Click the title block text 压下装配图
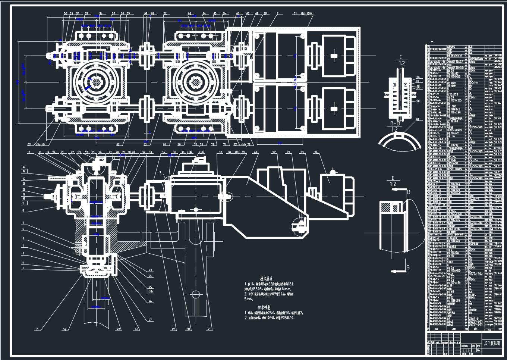[x=492, y=344]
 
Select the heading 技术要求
[x=266, y=279]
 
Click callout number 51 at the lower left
[x=37, y=329]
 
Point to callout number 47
[x=150, y=320]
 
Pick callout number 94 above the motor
[x=316, y=152]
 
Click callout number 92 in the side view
[x=274, y=152]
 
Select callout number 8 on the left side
[x=23, y=210]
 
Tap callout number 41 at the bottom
[x=210, y=329]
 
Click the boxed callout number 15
[x=23, y=171]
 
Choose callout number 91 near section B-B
[x=417, y=119]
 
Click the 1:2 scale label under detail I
[x=401, y=64]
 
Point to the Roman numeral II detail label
[x=392, y=178]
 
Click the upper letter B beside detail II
[x=409, y=192]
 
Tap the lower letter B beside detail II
[x=408, y=267]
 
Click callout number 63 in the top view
[x=189, y=14]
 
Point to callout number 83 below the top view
[x=118, y=145]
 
